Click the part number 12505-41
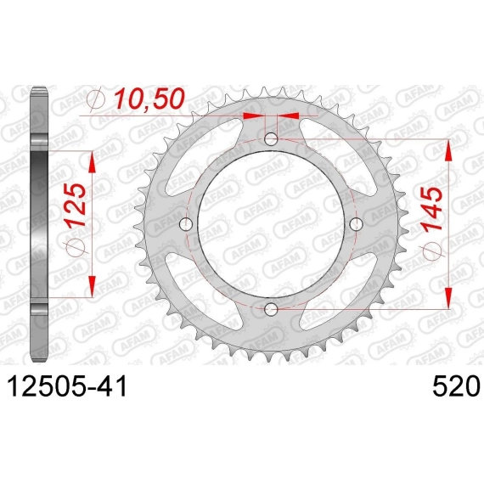(67, 386)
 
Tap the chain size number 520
(457, 386)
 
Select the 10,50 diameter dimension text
(149, 98)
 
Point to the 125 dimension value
(75, 205)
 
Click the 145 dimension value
(432, 209)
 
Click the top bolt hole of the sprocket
(271, 139)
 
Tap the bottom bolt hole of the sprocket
(271, 309)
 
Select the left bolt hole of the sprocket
(186, 224)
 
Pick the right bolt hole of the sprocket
(357, 224)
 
